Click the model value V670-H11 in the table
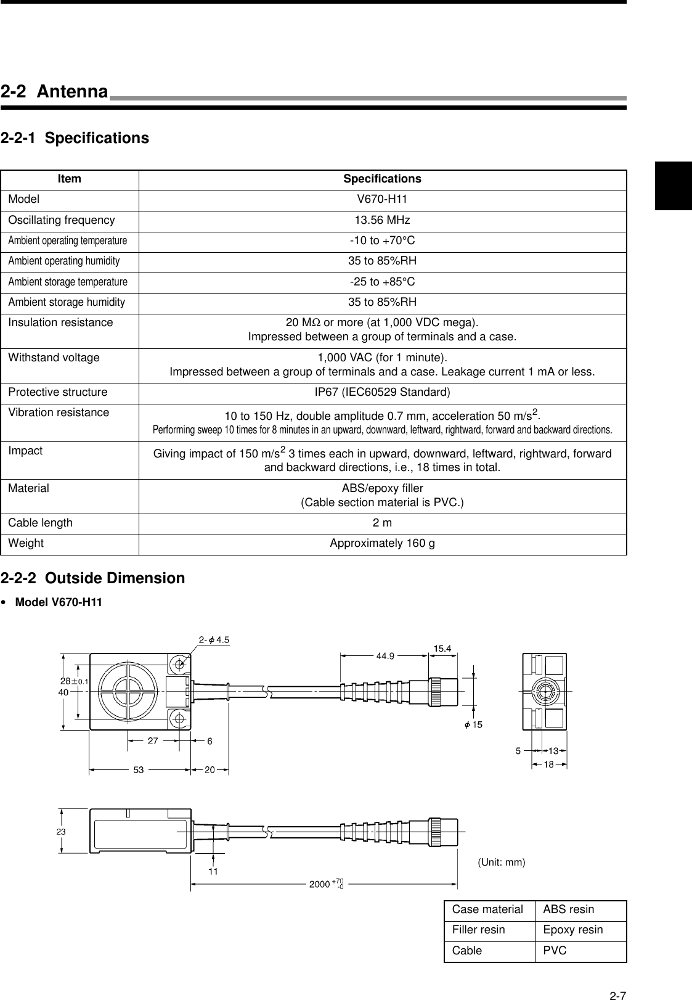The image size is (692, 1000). point(382,200)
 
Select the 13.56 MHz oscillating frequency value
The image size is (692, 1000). point(382,221)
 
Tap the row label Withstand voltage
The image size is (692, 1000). point(54,358)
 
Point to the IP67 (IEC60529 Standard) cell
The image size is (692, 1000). point(382,393)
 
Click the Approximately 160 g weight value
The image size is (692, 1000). point(382,544)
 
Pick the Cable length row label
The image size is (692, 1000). point(40,523)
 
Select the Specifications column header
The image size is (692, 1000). point(382,179)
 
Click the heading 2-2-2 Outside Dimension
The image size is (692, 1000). point(92,578)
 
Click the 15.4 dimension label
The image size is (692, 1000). point(442,648)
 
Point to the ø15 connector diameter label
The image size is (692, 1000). point(473,724)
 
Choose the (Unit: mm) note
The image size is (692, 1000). point(502,863)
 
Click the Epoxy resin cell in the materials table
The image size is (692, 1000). point(572,930)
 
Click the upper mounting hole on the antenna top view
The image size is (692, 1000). point(179,664)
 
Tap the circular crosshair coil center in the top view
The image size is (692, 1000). point(125,691)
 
